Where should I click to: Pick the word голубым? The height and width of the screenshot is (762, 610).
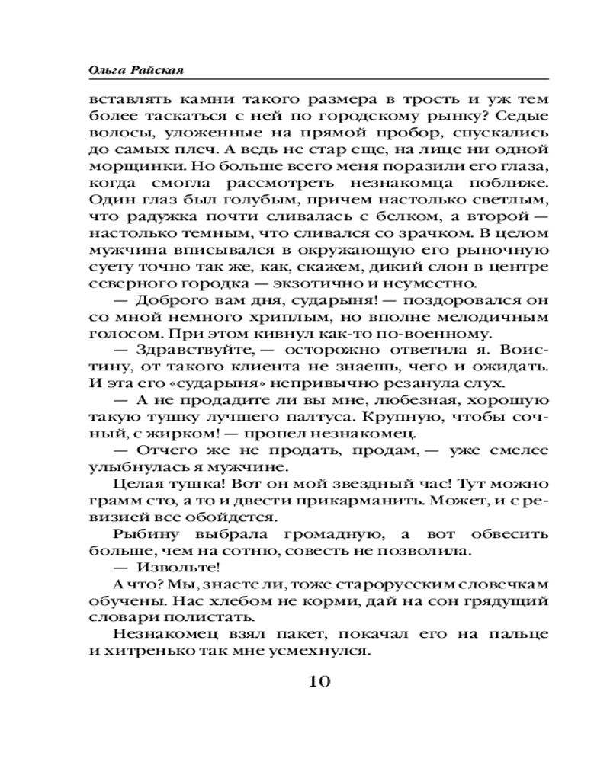click(x=232, y=200)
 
